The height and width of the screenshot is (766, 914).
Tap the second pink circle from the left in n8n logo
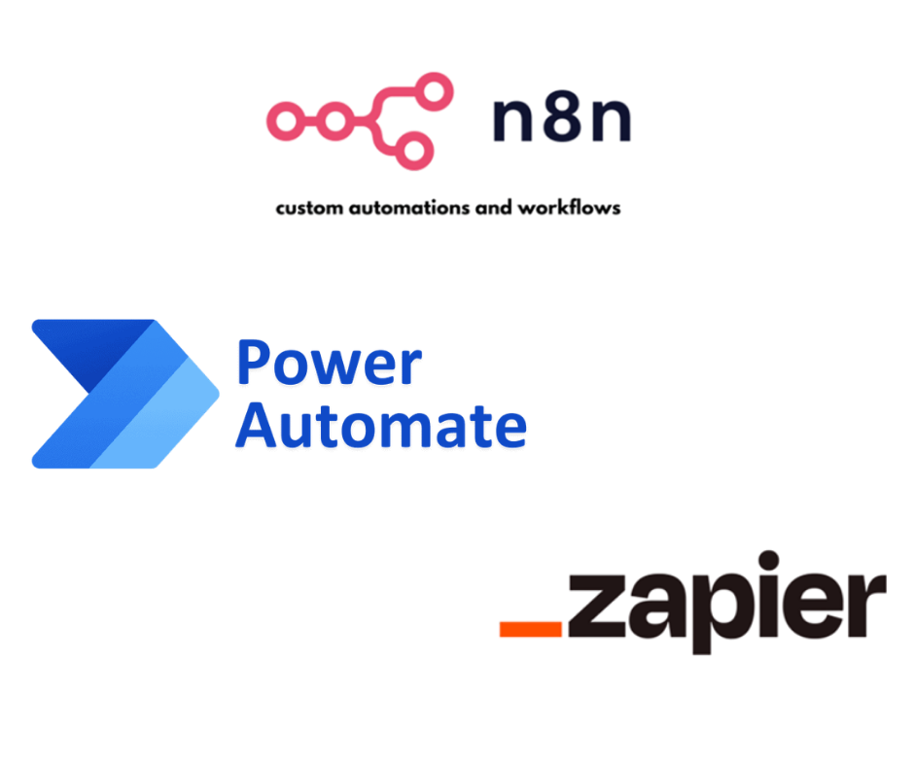click(x=335, y=122)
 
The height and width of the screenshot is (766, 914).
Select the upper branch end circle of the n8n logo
click(x=435, y=90)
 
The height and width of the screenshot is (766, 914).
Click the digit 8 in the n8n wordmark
click(x=562, y=122)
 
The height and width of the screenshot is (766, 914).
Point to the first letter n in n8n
click(x=511, y=124)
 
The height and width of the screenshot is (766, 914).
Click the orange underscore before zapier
click(x=531, y=629)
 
